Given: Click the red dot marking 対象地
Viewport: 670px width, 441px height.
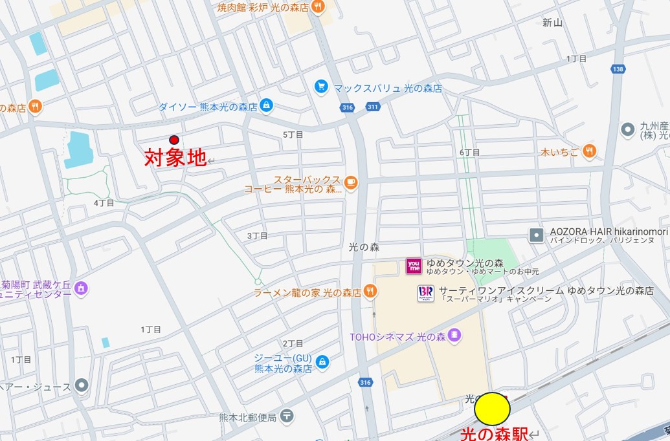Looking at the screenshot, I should tap(173, 140).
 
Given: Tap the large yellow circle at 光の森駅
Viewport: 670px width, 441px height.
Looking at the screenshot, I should tap(493, 409).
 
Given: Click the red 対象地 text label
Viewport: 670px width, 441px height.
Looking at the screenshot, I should tap(175, 157).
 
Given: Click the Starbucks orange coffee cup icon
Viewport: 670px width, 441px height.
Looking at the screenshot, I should tap(350, 182).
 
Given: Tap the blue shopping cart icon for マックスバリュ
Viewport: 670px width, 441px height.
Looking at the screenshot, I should tap(320, 86).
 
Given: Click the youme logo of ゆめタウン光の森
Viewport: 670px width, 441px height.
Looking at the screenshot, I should tap(414, 266).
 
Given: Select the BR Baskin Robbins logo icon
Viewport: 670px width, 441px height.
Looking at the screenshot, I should tap(425, 293).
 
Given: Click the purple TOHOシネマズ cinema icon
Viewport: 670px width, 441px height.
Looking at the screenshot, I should tap(454, 334).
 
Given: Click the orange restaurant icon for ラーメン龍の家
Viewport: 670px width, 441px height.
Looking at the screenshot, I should tap(370, 291).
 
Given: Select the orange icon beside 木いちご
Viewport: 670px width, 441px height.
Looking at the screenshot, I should tap(588, 151).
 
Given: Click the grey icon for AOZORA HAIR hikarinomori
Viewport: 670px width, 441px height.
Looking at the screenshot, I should tap(536, 235).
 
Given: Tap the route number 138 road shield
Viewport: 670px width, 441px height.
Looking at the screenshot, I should tap(618, 69).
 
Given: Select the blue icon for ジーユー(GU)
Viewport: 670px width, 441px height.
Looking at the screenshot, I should tap(322, 361).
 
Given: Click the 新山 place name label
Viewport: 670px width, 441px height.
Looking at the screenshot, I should tap(552, 23).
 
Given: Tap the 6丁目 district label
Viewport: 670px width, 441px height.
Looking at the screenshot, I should tap(469, 152).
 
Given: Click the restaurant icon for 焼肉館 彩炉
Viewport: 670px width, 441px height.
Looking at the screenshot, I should tap(317, 6).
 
